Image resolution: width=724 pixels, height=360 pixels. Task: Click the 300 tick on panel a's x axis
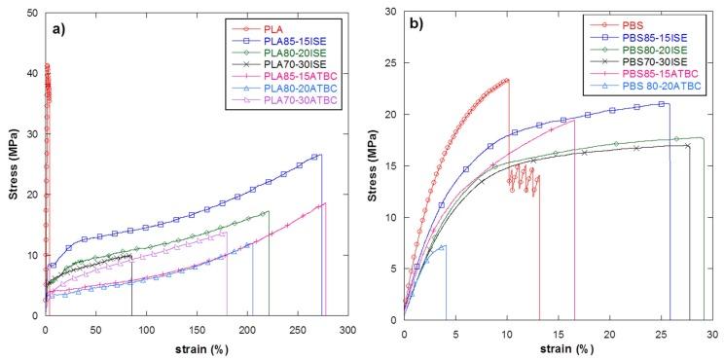click(347, 331)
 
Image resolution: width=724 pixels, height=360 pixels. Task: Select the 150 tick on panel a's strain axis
click(197, 331)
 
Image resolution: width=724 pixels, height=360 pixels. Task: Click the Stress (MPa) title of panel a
click(12, 163)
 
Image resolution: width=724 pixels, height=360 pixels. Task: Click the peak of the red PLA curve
click(47, 65)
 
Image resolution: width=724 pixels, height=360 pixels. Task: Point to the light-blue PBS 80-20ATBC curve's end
click(446, 245)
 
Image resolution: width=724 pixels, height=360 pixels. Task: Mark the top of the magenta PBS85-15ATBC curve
click(574, 119)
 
